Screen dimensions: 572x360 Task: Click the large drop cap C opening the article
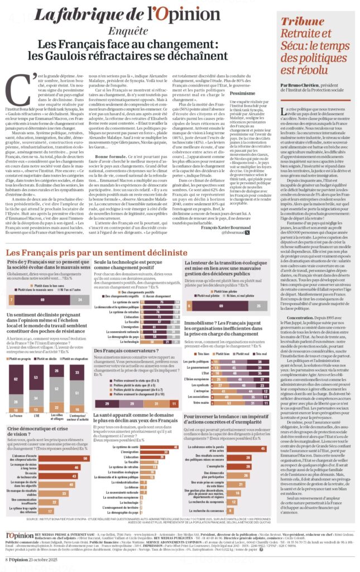tap(20, 83)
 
